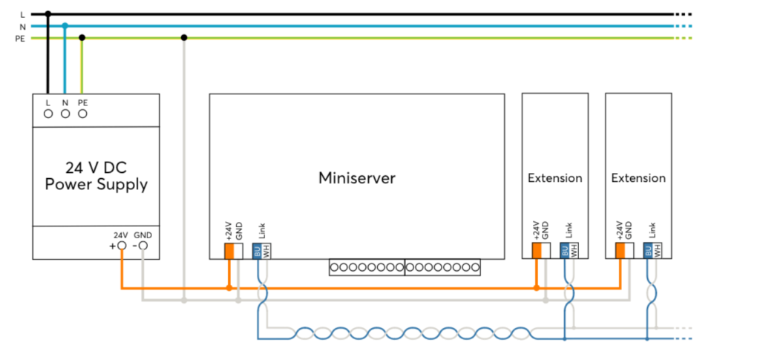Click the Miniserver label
pos(356,178)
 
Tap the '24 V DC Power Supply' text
pos(96,175)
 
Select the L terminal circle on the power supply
pos(48,114)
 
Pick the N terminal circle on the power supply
pos(65,114)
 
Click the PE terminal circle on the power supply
pos(82,114)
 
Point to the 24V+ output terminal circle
pos(122,245)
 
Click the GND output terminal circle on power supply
pos(143,245)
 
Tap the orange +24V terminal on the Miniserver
pos(229,251)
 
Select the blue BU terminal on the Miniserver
pos(257,251)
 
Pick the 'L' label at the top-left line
pos(22,14)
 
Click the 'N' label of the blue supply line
pos(22,26)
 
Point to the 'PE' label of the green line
pos(21,38)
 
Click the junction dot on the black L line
pos(48,14)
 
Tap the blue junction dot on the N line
pos(65,26)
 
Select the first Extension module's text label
pos(555,178)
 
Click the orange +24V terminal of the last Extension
pos(620,251)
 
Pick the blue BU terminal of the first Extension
pos(564,251)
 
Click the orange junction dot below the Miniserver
pos(229,288)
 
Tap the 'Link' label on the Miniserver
pos(261,232)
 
